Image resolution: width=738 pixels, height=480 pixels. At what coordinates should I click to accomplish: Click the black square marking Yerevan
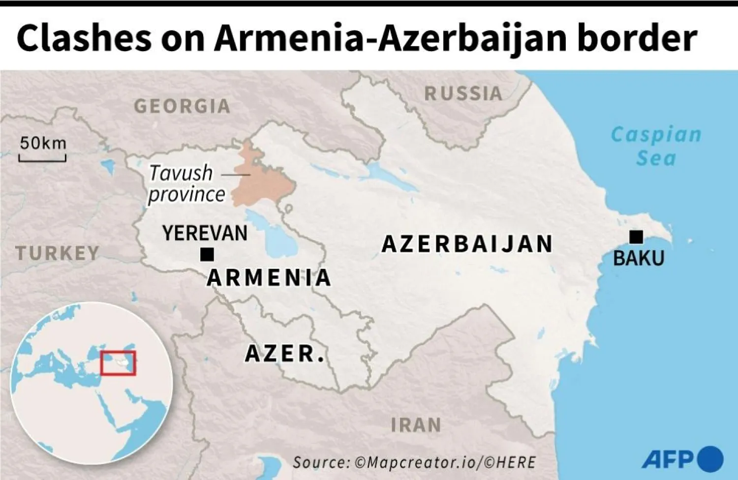[207, 254]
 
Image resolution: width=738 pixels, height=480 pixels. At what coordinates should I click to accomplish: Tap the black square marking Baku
[636, 237]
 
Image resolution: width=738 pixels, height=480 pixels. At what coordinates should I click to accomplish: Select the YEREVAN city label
[205, 233]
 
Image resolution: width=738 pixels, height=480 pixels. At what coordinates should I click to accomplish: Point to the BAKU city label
[638, 258]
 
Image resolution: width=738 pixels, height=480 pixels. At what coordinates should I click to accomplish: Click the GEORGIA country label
[182, 106]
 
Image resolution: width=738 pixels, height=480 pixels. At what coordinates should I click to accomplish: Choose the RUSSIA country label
[463, 93]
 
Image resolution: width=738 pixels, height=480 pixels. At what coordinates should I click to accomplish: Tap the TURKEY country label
[58, 253]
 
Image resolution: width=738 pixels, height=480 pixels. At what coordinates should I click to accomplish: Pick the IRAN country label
[416, 425]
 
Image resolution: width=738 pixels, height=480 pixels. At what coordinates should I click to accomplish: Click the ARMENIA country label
[269, 278]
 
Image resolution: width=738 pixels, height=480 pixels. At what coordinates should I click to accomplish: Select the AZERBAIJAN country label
[467, 244]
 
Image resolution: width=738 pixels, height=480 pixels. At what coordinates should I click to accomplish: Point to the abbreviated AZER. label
[285, 354]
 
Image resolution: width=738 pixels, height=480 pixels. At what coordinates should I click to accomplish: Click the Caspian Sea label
[656, 146]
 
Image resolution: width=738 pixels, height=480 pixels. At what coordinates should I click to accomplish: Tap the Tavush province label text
[186, 183]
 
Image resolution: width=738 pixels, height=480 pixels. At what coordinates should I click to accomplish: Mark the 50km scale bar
[42, 158]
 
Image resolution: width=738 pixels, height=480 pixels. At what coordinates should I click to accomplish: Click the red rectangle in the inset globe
[118, 363]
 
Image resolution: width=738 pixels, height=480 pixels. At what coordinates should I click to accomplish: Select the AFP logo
[682, 458]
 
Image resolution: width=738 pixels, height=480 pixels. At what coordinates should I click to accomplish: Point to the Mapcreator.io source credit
[414, 462]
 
